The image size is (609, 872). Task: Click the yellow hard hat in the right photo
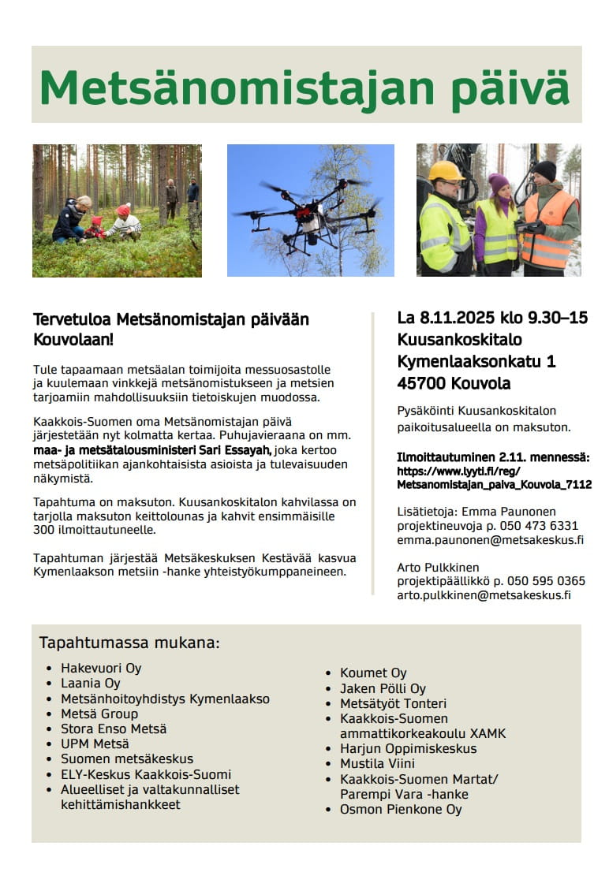pyautogui.click(x=446, y=170)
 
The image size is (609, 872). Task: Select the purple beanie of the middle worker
pyautogui.click(x=499, y=184)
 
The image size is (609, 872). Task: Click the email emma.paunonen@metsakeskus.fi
pyautogui.click(x=490, y=541)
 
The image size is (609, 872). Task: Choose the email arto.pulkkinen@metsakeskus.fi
pyautogui.click(x=483, y=596)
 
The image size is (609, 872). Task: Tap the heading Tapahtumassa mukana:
pyautogui.click(x=129, y=643)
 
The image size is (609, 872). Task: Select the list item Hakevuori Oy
pyautogui.click(x=101, y=669)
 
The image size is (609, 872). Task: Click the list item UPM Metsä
pyautogui.click(x=95, y=743)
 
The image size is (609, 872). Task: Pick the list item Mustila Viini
pyautogui.click(x=377, y=764)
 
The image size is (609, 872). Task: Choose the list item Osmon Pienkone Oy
pyautogui.click(x=401, y=809)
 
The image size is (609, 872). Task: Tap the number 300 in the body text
pyautogui.click(x=44, y=530)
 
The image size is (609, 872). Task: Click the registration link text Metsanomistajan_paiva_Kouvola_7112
pyautogui.click(x=495, y=485)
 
